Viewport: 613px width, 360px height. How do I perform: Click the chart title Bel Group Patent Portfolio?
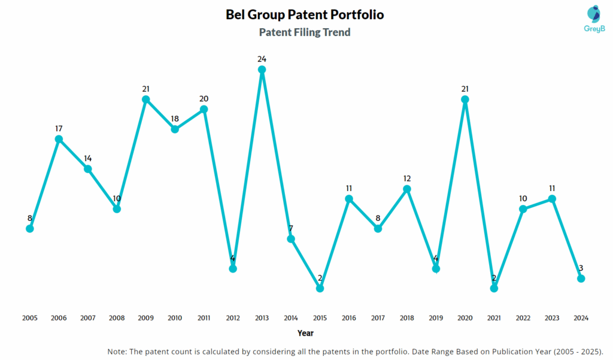(x=305, y=14)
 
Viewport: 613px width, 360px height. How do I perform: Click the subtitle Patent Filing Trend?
(x=305, y=32)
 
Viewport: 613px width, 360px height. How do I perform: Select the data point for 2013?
(x=262, y=69)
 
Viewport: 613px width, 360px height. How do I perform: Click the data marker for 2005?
(x=29, y=229)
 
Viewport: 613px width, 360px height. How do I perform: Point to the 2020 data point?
(x=465, y=99)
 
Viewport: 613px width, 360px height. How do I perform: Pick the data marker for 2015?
(x=320, y=288)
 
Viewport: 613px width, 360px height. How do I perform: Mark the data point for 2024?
(x=581, y=279)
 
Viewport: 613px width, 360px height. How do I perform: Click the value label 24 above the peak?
(x=262, y=59)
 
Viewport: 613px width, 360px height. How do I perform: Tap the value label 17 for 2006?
(x=59, y=128)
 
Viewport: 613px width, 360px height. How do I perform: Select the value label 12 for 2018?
(x=406, y=179)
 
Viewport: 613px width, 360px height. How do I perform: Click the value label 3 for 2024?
(x=581, y=268)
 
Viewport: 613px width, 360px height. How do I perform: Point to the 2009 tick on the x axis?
(x=145, y=318)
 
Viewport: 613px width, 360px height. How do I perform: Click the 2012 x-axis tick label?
(x=233, y=318)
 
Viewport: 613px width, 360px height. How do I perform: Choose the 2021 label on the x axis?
(x=494, y=318)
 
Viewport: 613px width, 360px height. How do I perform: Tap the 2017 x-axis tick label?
(x=378, y=318)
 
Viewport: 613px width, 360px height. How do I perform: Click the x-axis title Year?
(x=305, y=333)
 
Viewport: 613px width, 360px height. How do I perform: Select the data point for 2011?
(x=204, y=109)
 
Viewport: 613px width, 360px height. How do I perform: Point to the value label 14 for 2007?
(x=87, y=158)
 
